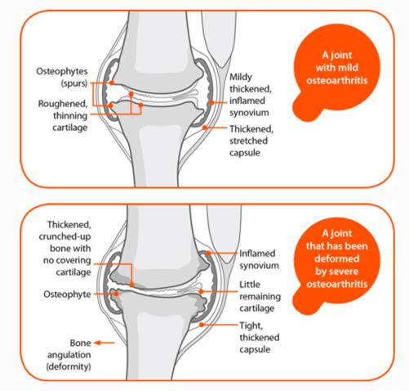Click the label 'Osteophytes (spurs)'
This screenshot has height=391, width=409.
(x=62, y=77)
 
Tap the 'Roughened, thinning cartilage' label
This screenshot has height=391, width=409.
(x=63, y=115)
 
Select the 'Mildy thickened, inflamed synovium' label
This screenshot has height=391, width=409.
(x=251, y=95)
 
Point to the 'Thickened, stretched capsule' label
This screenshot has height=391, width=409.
(x=251, y=141)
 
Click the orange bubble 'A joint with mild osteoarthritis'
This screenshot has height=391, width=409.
(x=336, y=71)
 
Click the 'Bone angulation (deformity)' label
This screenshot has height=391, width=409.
(x=69, y=355)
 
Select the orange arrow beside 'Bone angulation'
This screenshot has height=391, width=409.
(x=104, y=343)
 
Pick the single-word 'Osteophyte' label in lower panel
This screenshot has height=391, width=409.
(x=67, y=294)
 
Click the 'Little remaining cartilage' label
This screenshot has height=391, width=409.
(x=260, y=296)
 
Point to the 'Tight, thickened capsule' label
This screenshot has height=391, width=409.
(x=260, y=337)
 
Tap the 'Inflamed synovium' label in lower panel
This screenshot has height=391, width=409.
(x=259, y=259)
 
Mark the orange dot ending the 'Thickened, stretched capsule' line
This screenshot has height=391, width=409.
(x=205, y=128)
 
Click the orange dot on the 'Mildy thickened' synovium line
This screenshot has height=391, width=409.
(x=211, y=103)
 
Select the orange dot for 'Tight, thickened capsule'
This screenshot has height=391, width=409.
(x=202, y=325)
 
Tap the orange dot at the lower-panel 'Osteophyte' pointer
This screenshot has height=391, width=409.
(x=117, y=294)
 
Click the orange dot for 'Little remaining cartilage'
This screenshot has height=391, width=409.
(x=201, y=291)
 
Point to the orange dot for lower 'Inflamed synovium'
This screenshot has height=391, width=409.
(x=208, y=254)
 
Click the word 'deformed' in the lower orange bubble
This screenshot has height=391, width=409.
(x=337, y=258)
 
